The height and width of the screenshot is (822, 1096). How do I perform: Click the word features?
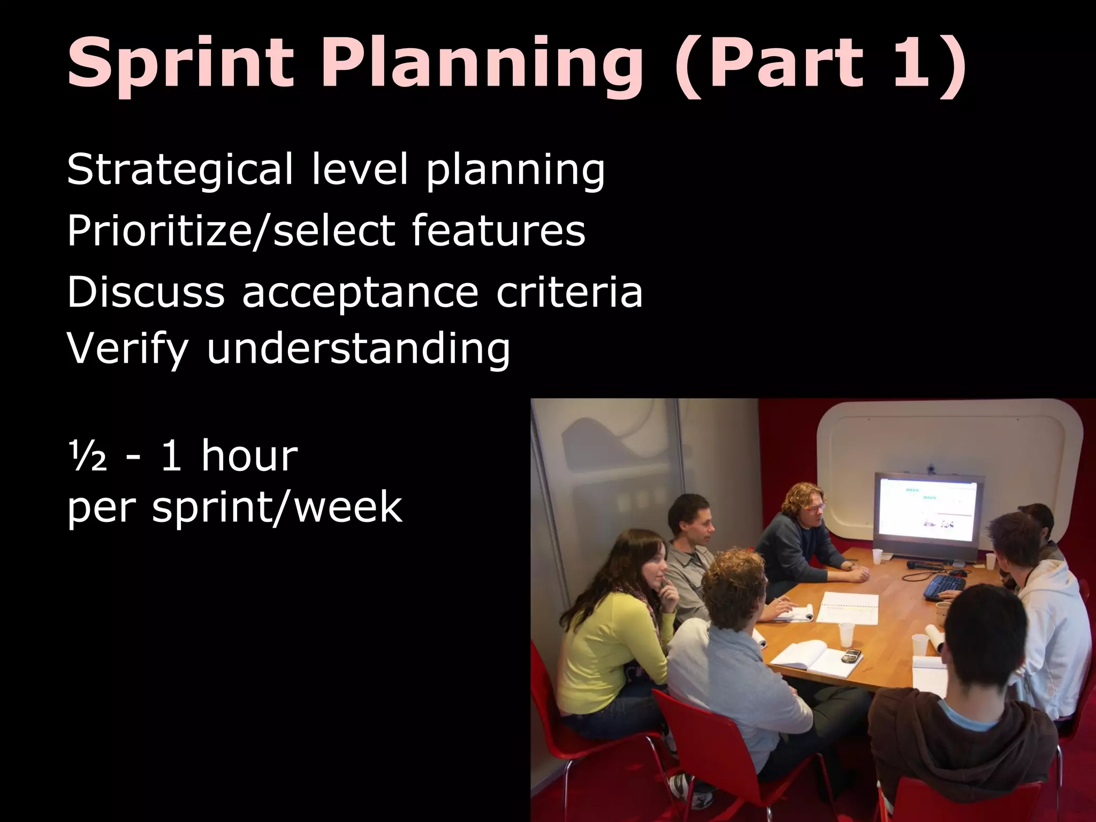pyautogui.click(x=498, y=231)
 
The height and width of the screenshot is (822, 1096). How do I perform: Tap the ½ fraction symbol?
pyautogui.click(x=87, y=456)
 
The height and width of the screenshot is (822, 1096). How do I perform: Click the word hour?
pyautogui.click(x=249, y=456)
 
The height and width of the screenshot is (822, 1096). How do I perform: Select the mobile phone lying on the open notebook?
pyautogui.click(x=850, y=655)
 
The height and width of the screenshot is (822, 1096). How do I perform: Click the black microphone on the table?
pyautogui.click(x=928, y=564)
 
